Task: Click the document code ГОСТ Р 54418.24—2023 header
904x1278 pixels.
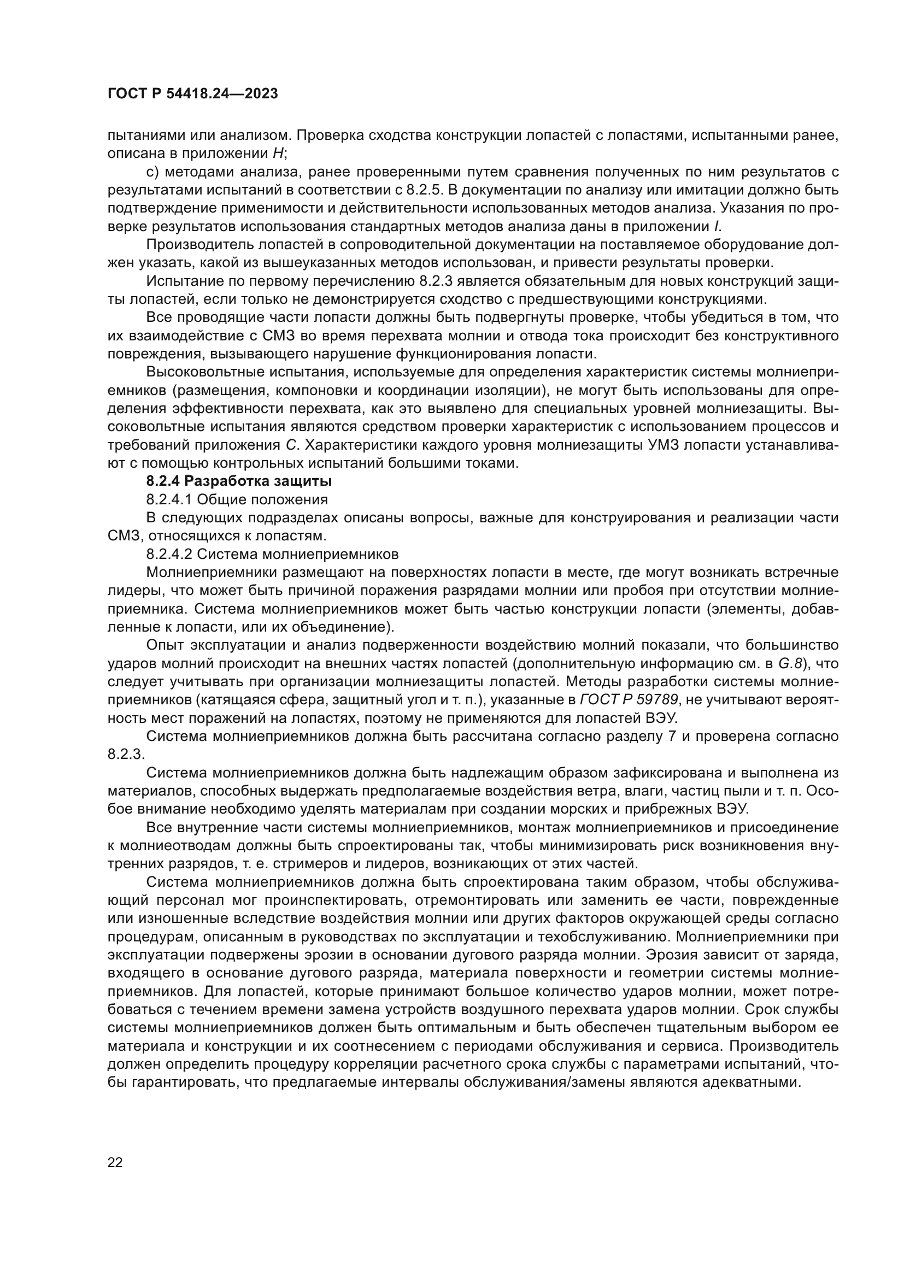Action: (x=192, y=94)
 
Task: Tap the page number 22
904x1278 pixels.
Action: (x=115, y=1162)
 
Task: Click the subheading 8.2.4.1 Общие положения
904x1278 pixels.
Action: (x=237, y=499)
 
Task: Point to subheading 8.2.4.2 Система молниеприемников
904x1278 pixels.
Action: (x=272, y=554)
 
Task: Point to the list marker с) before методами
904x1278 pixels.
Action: (x=152, y=172)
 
